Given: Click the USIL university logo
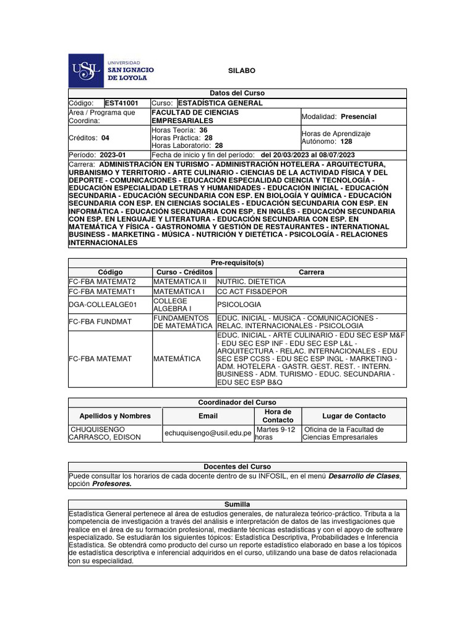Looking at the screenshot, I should point(112,71).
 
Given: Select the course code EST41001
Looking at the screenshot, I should point(122,103).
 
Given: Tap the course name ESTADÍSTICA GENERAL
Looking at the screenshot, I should point(220,103).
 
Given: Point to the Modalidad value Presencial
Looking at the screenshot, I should point(359,116).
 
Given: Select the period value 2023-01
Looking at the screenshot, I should point(113,155).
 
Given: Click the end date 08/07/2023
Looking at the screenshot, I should point(334,155).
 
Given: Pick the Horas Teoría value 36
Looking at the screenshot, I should point(203,131).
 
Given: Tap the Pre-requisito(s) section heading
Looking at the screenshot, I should point(237,263).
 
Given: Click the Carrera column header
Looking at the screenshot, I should point(311,272).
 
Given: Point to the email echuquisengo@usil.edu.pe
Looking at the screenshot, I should point(208,433).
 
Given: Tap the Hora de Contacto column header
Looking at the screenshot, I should point(278,416).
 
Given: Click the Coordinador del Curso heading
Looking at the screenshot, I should point(237,402).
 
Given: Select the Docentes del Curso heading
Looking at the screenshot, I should point(237,466).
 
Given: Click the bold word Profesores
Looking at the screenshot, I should point(112,484).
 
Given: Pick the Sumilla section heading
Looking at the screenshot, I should point(237,505).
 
